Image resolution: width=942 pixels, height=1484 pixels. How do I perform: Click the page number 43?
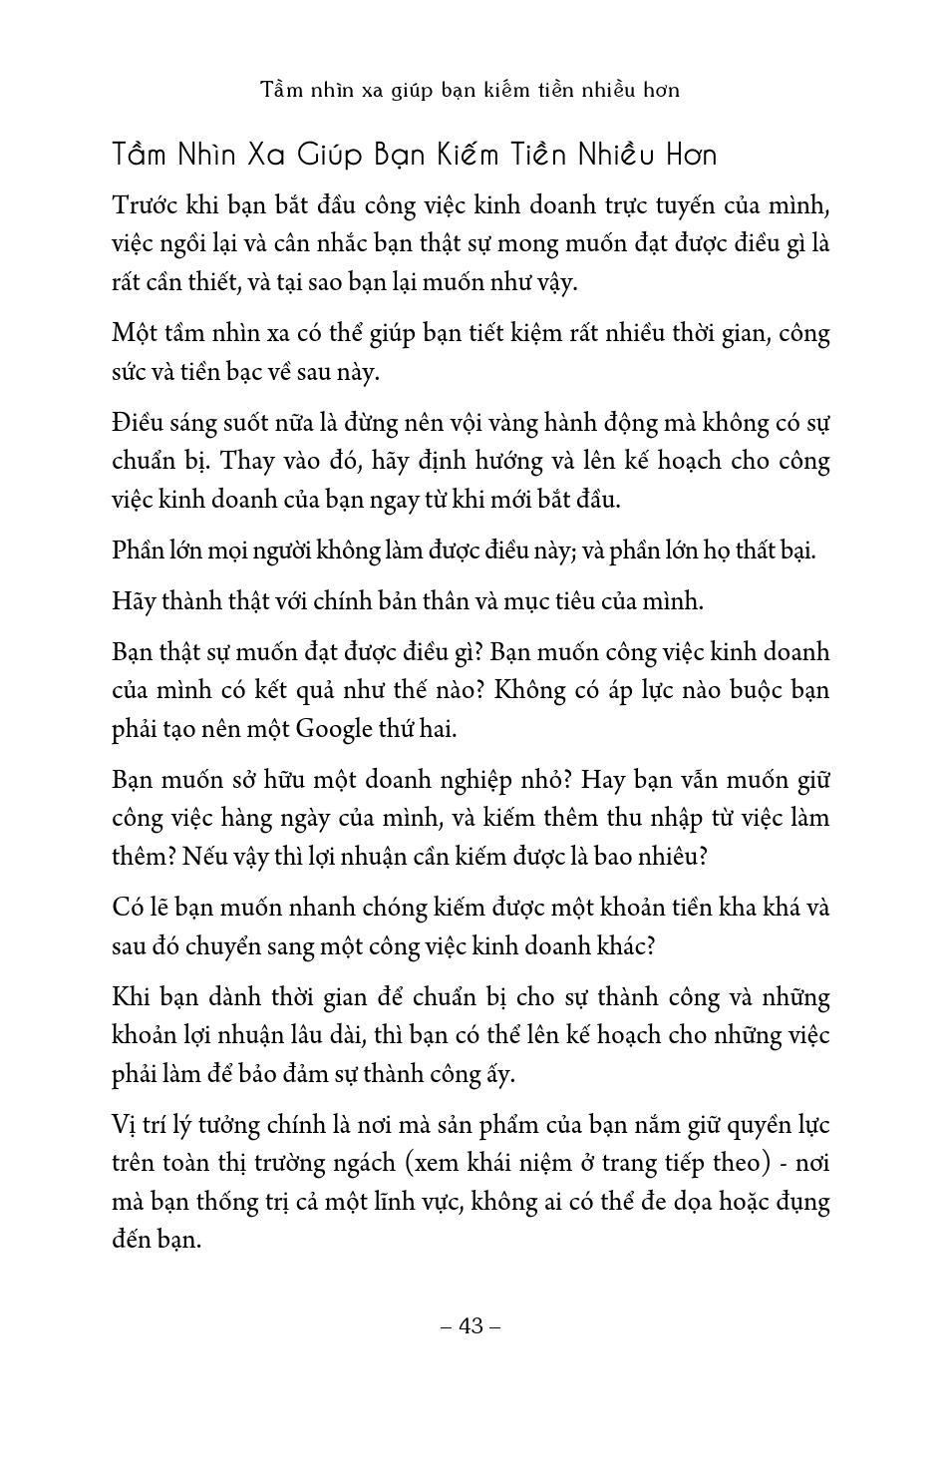tap(470, 1325)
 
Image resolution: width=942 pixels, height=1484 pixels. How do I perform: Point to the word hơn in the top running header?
tap(661, 90)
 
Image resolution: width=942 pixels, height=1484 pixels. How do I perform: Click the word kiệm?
tap(542, 333)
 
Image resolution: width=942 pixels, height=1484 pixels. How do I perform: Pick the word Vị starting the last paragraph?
tap(127, 1124)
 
